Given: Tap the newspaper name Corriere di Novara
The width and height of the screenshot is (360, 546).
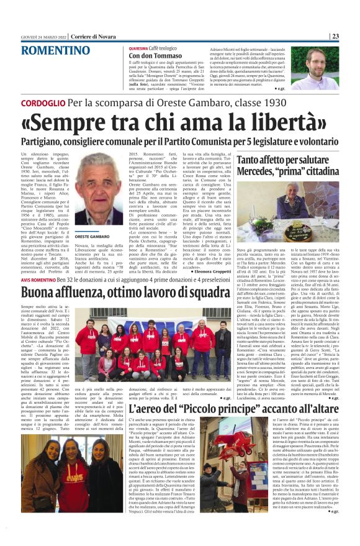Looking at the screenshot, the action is click(x=94, y=36).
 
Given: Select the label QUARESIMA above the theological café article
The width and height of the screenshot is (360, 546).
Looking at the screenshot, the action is click(x=138, y=47).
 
